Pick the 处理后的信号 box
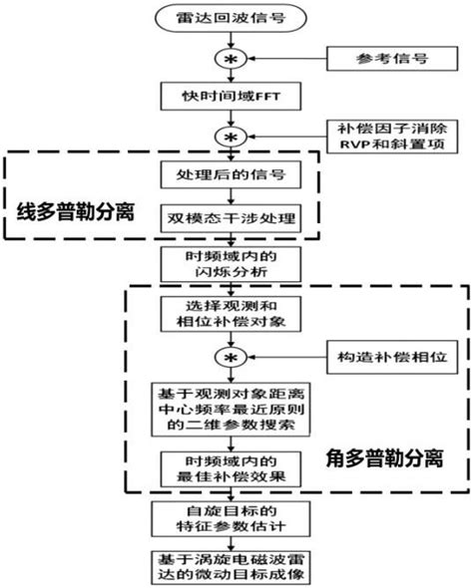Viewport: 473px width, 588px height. tap(232, 176)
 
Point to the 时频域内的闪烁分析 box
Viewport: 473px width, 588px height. tap(232, 264)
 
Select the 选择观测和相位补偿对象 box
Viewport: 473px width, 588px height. tap(232, 314)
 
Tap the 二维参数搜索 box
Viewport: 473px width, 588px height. tap(232, 409)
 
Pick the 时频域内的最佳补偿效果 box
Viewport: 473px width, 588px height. tap(232, 466)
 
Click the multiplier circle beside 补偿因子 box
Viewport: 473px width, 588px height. tap(232, 136)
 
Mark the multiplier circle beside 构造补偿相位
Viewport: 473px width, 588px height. tap(232, 357)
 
